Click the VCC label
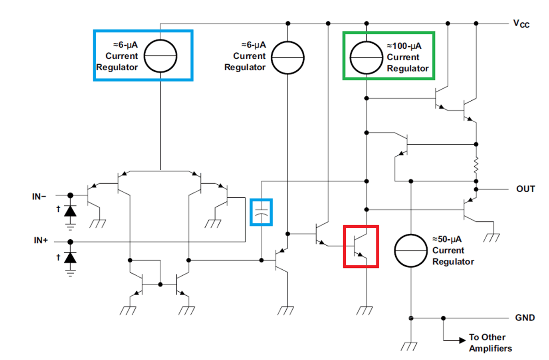(521, 24)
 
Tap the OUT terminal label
(525, 189)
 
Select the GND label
(525, 318)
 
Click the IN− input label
(39, 197)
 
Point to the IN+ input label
(41, 241)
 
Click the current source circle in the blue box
(161, 56)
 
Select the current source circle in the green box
(366, 58)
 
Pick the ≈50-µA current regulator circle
(411, 251)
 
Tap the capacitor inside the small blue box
(261, 212)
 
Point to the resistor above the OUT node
(476, 165)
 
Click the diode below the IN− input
(70, 211)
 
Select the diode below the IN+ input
(70, 258)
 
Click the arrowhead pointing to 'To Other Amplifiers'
(462, 340)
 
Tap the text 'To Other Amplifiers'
(490, 343)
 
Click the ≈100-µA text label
(404, 46)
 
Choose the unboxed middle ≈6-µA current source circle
(287, 58)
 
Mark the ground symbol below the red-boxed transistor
(364, 310)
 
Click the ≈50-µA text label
(447, 239)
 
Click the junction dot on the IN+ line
(70, 242)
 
